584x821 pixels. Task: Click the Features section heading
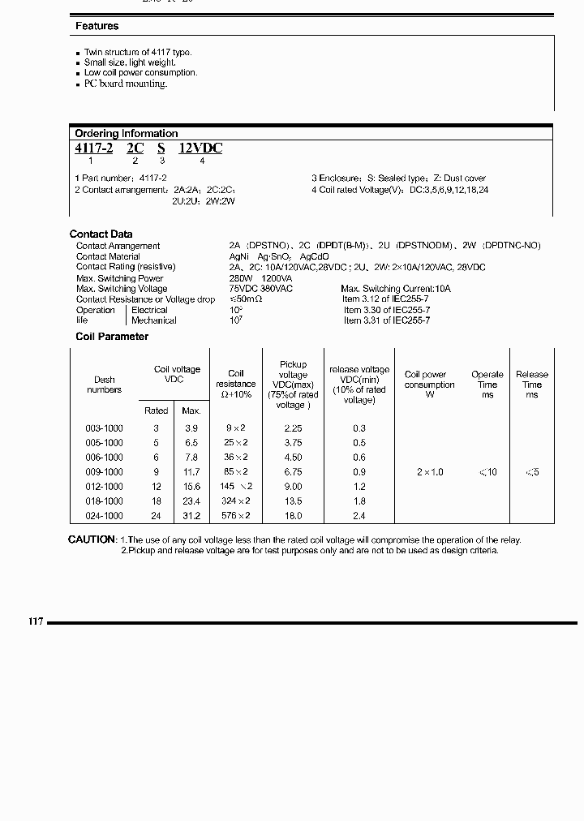point(97,26)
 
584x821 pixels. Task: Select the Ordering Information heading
point(126,133)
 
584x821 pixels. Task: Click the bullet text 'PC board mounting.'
point(126,84)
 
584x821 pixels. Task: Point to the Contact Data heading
point(101,234)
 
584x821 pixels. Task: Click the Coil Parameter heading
point(112,337)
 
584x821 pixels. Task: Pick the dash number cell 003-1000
point(104,428)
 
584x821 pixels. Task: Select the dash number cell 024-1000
point(104,516)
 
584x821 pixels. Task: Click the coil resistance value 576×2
point(236,516)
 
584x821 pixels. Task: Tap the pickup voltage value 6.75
point(293,472)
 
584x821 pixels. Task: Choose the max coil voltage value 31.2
point(191,516)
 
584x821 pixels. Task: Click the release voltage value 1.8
point(359,501)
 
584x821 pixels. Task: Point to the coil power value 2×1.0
point(430,472)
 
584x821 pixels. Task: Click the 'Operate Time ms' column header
point(487,385)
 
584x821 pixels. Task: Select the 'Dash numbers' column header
point(104,385)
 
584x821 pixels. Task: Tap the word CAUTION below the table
point(92,540)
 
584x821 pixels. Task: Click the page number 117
point(36,622)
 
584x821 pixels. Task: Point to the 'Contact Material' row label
point(108,256)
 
